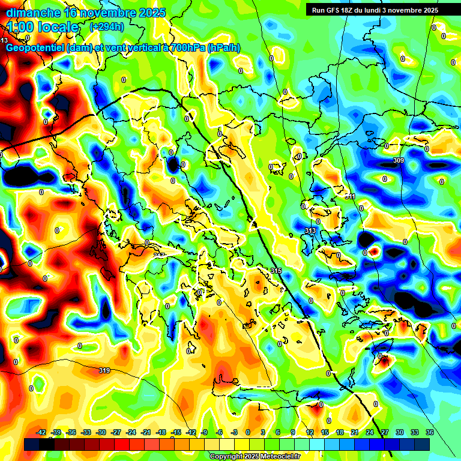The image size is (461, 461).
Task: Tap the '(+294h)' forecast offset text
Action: pos(107,27)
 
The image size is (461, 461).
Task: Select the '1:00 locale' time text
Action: pos(43,27)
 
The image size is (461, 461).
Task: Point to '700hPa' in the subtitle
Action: pos(187,48)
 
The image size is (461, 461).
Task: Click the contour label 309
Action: pos(398,161)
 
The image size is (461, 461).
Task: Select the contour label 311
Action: pos(350,196)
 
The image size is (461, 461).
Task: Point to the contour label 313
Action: pos(310,230)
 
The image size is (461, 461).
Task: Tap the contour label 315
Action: pos(276,271)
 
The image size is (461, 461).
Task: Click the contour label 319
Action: pos(104,371)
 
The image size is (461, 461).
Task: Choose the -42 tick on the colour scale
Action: pos(41,432)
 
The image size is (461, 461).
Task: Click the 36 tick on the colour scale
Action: pos(430,432)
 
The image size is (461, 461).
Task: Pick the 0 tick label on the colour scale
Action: pos(248,432)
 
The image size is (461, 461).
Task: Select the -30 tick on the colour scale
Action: pos(101,432)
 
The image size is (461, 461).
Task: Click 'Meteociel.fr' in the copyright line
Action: pos(278,456)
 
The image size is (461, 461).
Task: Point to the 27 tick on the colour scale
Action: pos(385,432)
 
